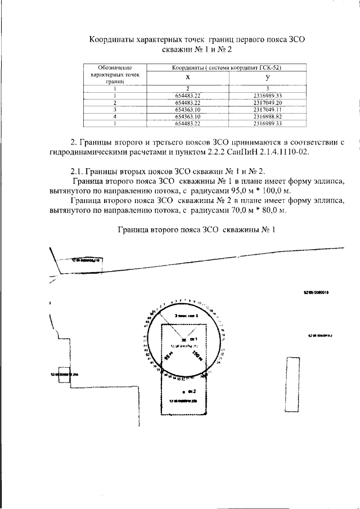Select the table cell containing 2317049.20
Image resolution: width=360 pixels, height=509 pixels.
267,102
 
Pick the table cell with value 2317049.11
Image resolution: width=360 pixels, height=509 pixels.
267,109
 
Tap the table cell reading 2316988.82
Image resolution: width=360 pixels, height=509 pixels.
267,116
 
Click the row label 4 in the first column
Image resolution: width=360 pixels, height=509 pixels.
115,116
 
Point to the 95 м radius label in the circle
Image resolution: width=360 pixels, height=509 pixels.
168,355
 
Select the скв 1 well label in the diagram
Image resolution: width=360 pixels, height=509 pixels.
193,340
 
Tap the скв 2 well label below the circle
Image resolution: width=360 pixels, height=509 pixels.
192,390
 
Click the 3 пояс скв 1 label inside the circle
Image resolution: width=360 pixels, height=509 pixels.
186,317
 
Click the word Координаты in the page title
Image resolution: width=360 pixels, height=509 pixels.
115,40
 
